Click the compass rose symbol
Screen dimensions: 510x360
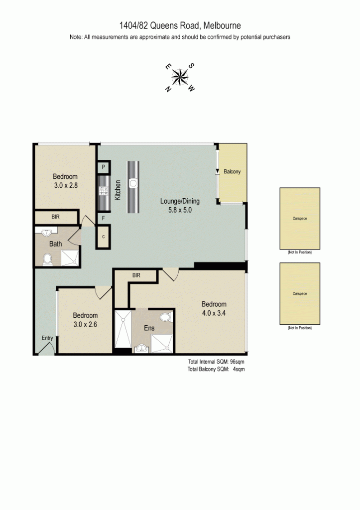(x=180, y=78)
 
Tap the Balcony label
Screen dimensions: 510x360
(x=232, y=172)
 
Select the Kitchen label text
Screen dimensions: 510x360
(x=118, y=190)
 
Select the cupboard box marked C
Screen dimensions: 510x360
(x=104, y=237)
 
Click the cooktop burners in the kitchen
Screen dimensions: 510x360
(x=104, y=190)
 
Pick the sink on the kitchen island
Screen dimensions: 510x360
(x=133, y=183)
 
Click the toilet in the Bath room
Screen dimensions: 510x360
(x=48, y=259)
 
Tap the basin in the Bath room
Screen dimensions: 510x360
(x=46, y=232)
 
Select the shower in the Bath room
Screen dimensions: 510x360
(x=70, y=257)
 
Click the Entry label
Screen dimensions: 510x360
(x=47, y=338)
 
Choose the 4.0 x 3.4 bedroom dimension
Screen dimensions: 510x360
(x=214, y=313)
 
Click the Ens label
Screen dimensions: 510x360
(x=148, y=328)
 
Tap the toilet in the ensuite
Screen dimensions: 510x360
(x=165, y=317)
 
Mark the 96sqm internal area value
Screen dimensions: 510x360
(x=237, y=362)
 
